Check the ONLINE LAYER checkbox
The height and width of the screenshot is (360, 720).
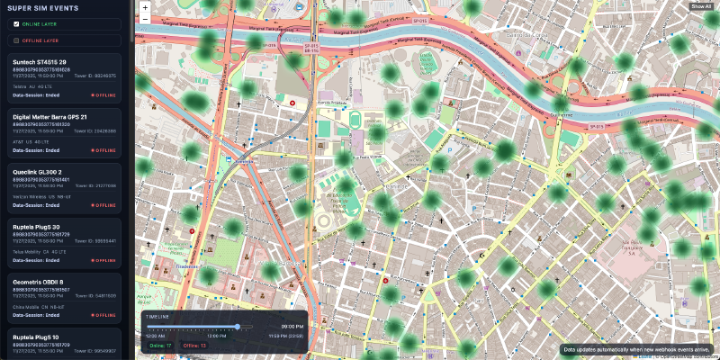click(16, 24)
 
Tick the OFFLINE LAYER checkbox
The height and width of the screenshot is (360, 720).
click(16, 40)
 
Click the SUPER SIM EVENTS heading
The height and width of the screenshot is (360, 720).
click(42, 7)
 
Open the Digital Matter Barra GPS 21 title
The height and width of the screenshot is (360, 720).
click(49, 117)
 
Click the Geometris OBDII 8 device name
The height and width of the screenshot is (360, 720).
click(41, 282)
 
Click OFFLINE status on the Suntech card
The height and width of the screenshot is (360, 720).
click(103, 94)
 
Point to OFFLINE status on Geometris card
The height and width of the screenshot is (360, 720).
click(103, 315)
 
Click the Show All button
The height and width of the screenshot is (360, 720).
click(701, 6)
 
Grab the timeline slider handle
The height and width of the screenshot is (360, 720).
click(238, 326)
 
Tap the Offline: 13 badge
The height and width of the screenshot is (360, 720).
click(194, 346)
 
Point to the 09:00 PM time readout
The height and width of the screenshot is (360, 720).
click(292, 326)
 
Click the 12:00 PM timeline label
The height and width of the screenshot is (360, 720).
click(216, 336)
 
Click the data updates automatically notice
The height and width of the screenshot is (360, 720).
click(636, 348)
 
